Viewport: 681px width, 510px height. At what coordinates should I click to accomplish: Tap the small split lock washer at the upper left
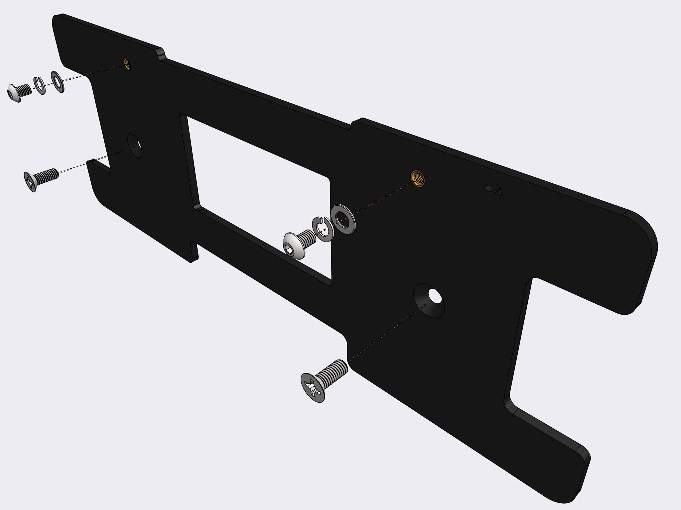39,86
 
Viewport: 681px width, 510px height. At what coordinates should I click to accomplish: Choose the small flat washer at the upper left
57,82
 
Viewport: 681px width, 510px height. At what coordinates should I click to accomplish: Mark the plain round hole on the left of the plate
135,146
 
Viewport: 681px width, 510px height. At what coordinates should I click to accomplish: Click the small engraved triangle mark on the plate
498,192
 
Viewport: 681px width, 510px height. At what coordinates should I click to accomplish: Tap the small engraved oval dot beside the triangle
488,188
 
